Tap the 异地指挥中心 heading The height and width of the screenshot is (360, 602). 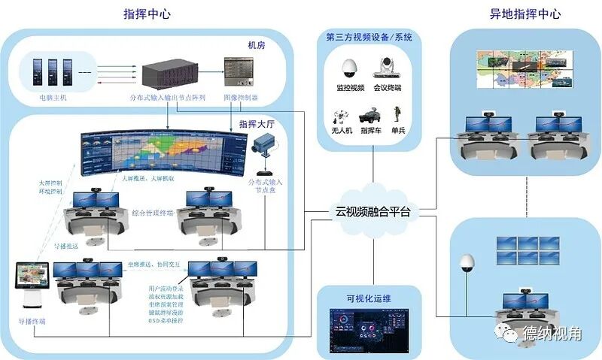tap(524, 13)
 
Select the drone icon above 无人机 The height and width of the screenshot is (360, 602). tap(340, 117)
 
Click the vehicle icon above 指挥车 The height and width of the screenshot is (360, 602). tap(372, 117)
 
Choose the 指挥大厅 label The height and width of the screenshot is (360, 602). tap(255, 124)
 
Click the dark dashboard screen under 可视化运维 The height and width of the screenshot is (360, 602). tap(368, 330)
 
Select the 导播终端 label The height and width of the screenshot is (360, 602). tap(31, 321)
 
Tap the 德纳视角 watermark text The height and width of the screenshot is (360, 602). tap(553, 334)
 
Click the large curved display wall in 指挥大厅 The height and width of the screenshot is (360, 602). tap(163, 154)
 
